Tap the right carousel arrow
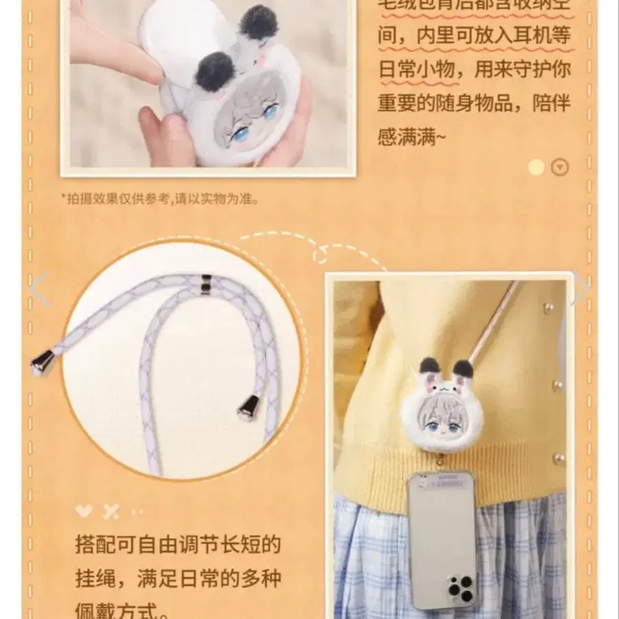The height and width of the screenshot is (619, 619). pyautogui.click(x=581, y=289)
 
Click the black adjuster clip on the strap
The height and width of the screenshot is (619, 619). pyautogui.click(x=206, y=283)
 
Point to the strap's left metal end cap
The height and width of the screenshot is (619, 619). pyautogui.click(x=44, y=362)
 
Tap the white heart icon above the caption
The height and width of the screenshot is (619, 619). pyautogui.click(x=84, y=511)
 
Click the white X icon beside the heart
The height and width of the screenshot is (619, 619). pyautogui.click(x=110, y=511)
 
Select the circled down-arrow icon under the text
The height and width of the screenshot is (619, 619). pyautogui.click(x=561, y=167)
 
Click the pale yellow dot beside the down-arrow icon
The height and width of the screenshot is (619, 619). pyautogui.click(x=536, y=167)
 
